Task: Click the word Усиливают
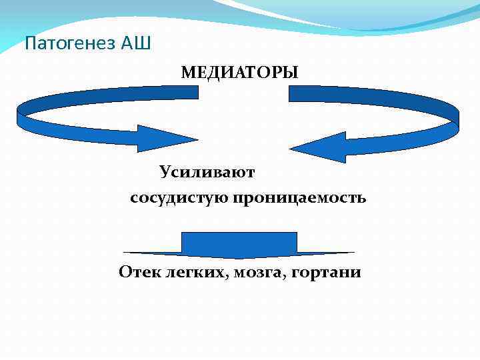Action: [x=207, y=172]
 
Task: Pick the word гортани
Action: [x=326, y=273]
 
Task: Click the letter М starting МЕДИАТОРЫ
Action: [x=187, y=72]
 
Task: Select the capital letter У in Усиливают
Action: [x=165, y=172]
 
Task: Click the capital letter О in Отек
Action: [x=125, y=272]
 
